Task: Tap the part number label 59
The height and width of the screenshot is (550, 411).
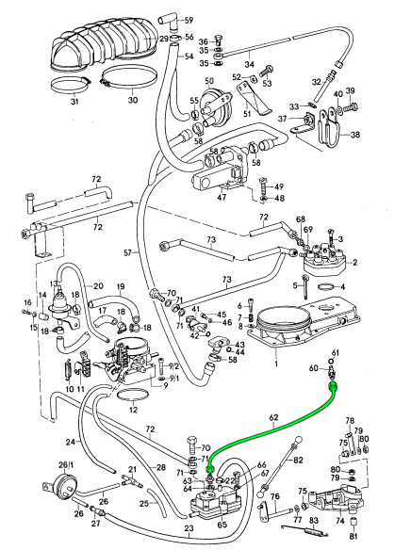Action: (x=189, y=21)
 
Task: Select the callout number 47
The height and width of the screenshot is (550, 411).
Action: (x=222, y=197)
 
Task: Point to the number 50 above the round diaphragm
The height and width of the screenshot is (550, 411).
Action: (x=209, y=81)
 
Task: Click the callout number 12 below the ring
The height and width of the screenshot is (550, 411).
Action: (x=133, y=410)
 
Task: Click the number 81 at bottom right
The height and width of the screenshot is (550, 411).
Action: (x=353, y=536)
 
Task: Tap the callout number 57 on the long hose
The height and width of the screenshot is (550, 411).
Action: (x=128, y=252)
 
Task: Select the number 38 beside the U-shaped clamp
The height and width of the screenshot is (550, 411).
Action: (x=355, y=135)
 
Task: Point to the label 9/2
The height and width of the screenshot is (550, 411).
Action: (x=174, y=367)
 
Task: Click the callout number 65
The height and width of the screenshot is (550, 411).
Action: (x=222, y=526)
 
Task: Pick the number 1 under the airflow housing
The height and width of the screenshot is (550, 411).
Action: (x=276, y=364)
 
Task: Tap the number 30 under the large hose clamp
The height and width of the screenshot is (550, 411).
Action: (x=132, y=100)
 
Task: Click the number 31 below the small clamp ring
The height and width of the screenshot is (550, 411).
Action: (x=74, y=102)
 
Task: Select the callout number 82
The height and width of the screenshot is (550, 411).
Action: (x=298, y=460)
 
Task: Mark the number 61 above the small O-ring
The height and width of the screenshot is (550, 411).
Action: (x=336, y=352)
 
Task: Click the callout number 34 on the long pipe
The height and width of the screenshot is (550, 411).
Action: (x=249, y=65)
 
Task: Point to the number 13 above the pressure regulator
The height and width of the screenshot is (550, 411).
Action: (x=54, y=283)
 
